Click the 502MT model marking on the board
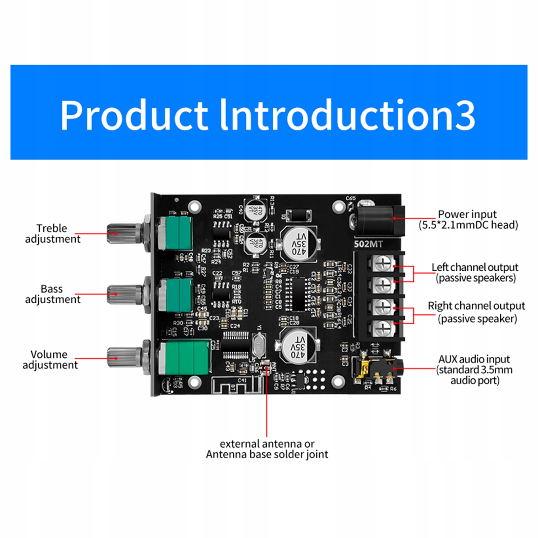(x=368, y=244)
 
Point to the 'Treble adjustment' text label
(x=52, y=233)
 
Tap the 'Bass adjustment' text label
(x=52, y=294)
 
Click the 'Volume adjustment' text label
(x=50, y=359)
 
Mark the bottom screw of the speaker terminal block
(x=383, y=327)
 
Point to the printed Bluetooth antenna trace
(x=237, y=385)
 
